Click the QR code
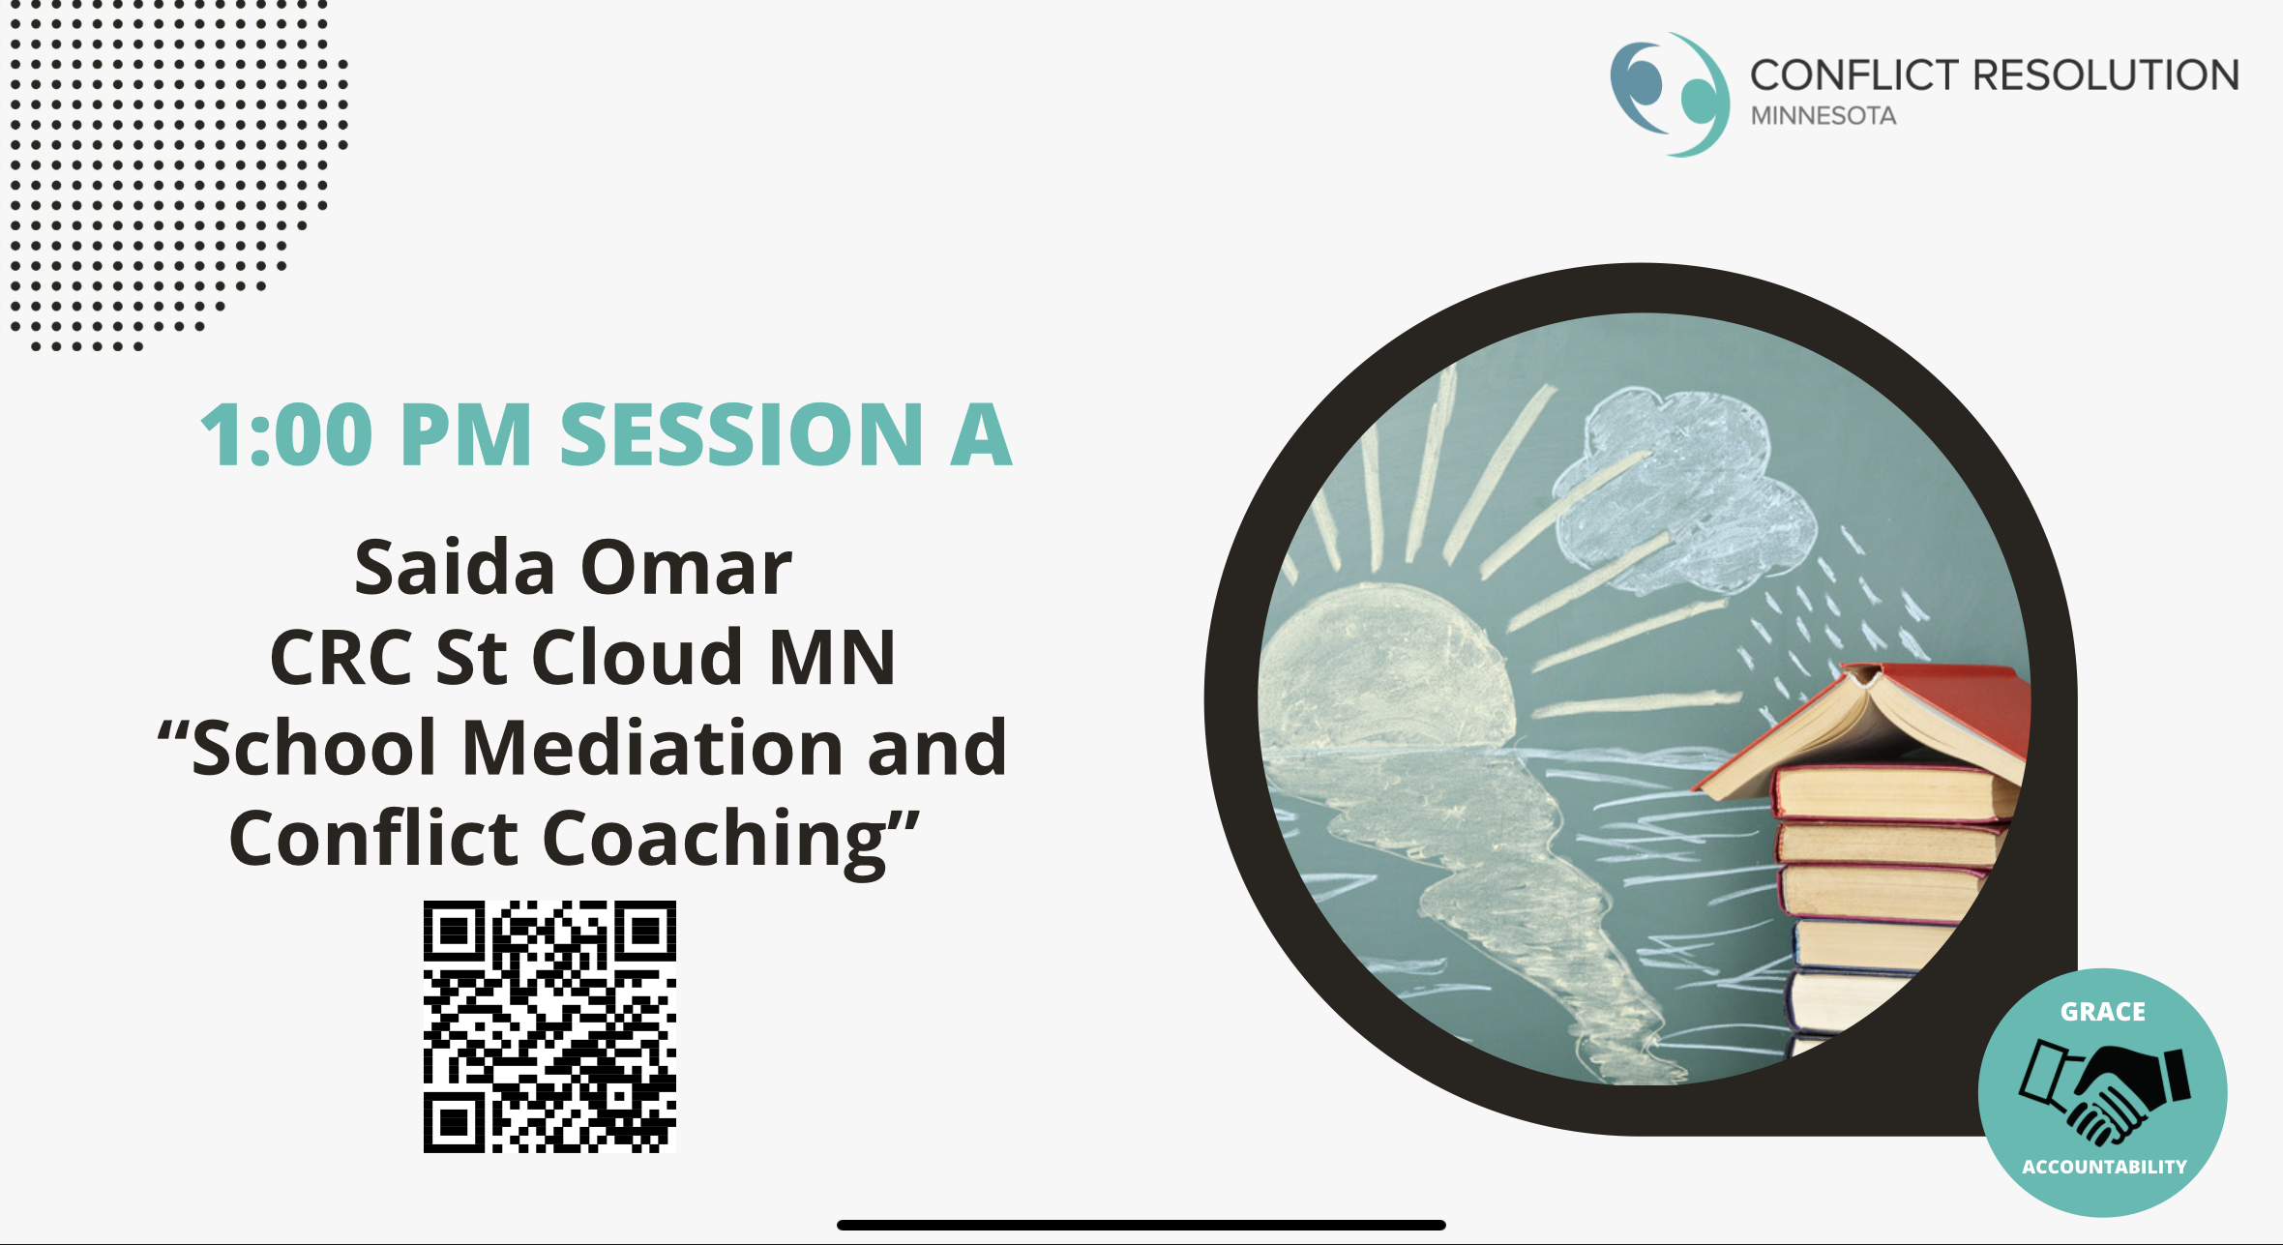tap(549, 1026)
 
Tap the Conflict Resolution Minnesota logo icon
tap(1670, 94)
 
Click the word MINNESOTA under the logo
tap(1823, 115)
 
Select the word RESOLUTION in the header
tap(2105, 74)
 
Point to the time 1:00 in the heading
tap(286, 434)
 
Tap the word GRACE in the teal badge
tap(2103, 1012)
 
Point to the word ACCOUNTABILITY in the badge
tap(2104, 1167)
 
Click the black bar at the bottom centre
tap(1141, 1225)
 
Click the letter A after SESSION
tap(981, 434)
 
